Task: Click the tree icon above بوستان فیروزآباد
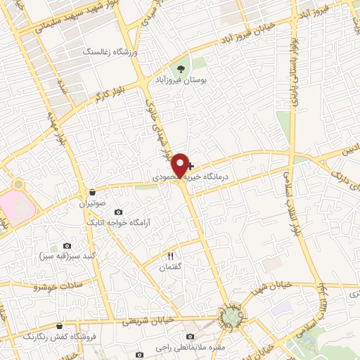tap(182, 69)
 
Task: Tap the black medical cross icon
tap(191, 167)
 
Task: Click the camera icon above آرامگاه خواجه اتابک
tap(117, 212)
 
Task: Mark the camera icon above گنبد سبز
tap(67, 245)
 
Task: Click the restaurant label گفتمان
tap(170, 268)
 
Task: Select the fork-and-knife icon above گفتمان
tap(170, 255)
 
